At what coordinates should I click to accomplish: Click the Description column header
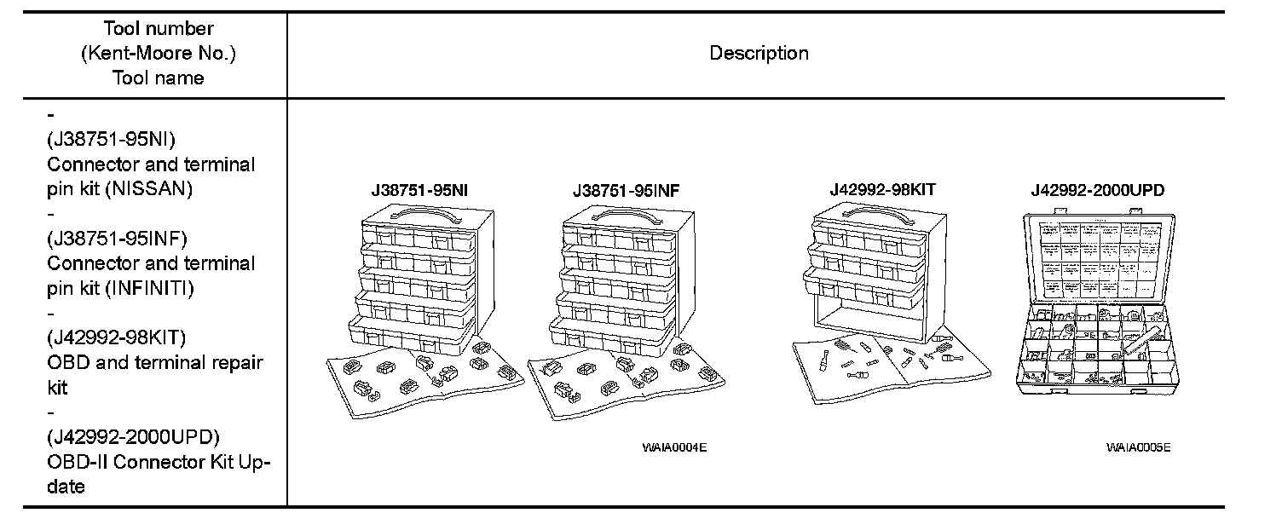click(759, 53)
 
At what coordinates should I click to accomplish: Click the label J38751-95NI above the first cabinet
click(419, 191)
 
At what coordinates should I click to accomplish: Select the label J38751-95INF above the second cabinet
click(627, 191)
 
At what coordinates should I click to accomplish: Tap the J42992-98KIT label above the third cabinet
click(882, 190)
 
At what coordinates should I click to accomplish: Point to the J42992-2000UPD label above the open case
click(1097, 191)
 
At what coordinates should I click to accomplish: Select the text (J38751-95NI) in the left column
click(112, 139)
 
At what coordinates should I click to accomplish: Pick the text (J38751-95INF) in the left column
click(117, 238)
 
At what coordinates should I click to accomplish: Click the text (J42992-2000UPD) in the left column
click(133, 437)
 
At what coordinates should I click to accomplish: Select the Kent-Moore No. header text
click(159, 54)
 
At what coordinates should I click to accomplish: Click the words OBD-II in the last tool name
click(77, 462)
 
